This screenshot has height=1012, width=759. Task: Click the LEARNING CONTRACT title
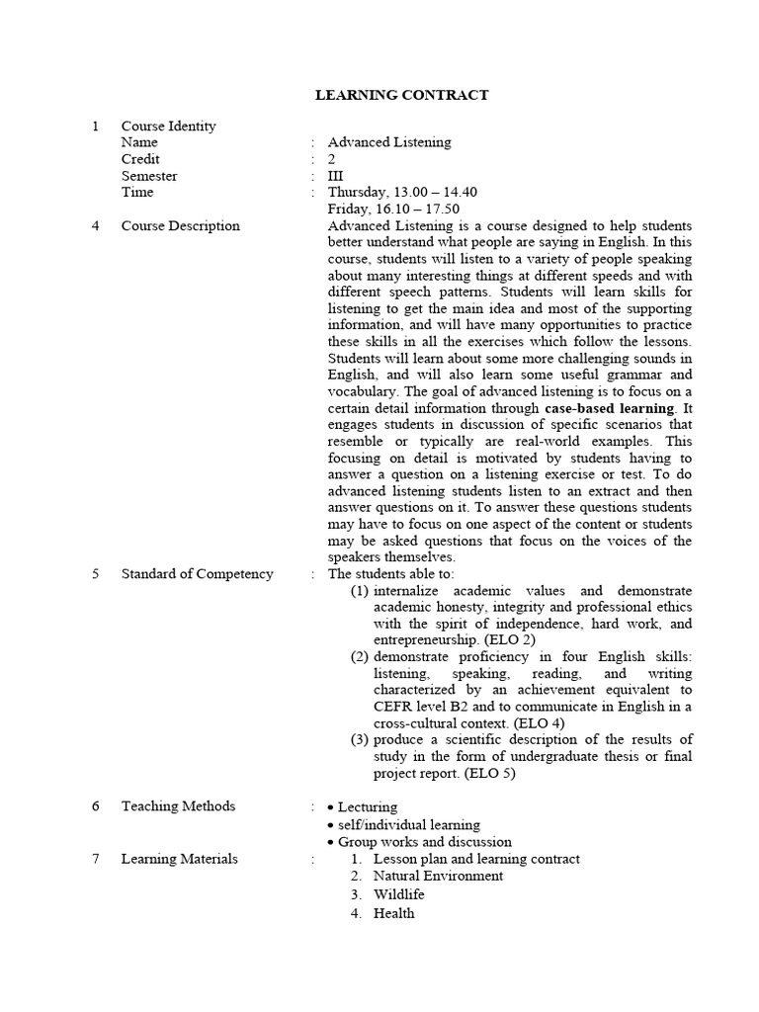[x=401, y=95]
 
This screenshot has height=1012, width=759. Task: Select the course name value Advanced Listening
[x=389, y=142]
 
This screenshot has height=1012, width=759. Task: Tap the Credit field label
[x=140, y=159]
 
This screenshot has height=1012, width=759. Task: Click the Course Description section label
[x=180, y=226]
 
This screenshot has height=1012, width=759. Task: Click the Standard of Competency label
[x=197, y=574]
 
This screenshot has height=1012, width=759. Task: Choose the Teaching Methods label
[x=178, y=806]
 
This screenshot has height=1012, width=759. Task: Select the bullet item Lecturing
[x=368, y=807]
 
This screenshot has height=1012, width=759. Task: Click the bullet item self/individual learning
[x=408, y=825]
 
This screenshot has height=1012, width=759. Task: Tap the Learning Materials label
[x=179, y=859]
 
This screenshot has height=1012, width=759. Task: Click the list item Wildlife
[x=398, y=894]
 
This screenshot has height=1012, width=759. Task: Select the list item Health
[x=393, y=913]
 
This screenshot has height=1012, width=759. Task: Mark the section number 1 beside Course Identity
[x=95, y=126]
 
